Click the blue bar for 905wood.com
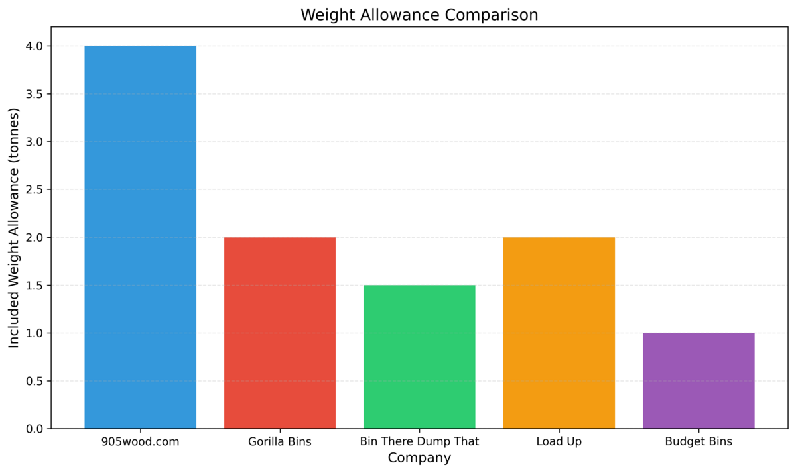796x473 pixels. [x=140, y=237]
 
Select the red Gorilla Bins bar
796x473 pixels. [x=279, y=333]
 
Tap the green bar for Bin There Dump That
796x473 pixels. [x=419, y=356]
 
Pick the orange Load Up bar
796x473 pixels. [x=559, y=333]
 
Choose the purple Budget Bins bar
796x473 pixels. [x=698, y=380]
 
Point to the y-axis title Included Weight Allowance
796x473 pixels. [x=15, y=227]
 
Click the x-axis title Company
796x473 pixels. [x=419, y=458]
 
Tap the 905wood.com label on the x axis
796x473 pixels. [x=140, y=441]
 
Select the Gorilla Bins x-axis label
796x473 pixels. [x=279, y=441]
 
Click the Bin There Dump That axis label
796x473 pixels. [x=419, y=441]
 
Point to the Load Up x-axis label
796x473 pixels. [x=559, y=441]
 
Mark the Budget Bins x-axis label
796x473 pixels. [x=698, y=441]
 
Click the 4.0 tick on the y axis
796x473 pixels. [x=34, y=46]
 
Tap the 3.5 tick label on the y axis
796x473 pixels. [x=34, y=94]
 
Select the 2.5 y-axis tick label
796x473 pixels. [x=34, y=189]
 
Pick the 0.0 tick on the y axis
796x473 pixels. [x=34, y=429]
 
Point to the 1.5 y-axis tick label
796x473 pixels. [x=34, y=286]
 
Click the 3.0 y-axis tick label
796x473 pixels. [x=34, y=142]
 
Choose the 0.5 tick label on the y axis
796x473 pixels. [x=34, y=381]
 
